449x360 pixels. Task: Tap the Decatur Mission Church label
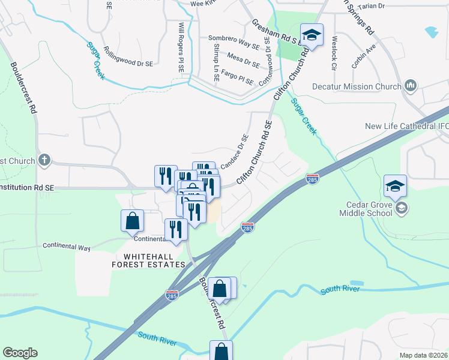(x=356, y=86)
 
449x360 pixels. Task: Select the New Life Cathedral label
(x=406, y=126)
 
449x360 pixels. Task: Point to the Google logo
(x=19, y=353)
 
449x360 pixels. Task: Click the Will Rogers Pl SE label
(x=181, y=47)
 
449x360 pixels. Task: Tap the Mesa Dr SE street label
(x=243, y=59)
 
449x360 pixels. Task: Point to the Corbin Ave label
(x=364, y=55)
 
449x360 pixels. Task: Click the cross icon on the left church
(x=44, y=160)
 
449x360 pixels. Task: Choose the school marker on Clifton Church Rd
(x=312, y=34)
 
